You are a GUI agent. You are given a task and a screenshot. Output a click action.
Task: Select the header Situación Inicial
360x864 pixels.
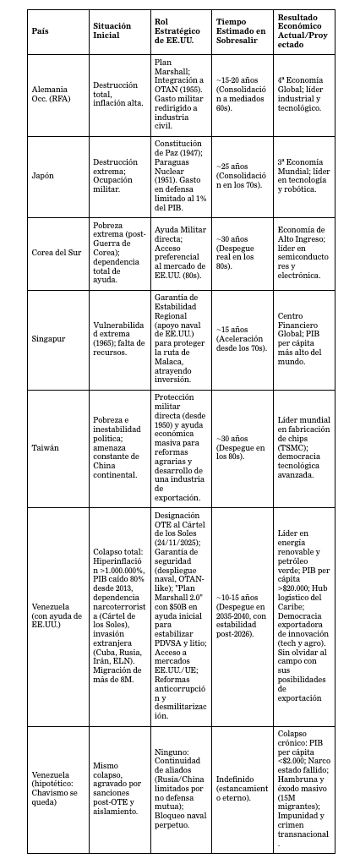(112, 30)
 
